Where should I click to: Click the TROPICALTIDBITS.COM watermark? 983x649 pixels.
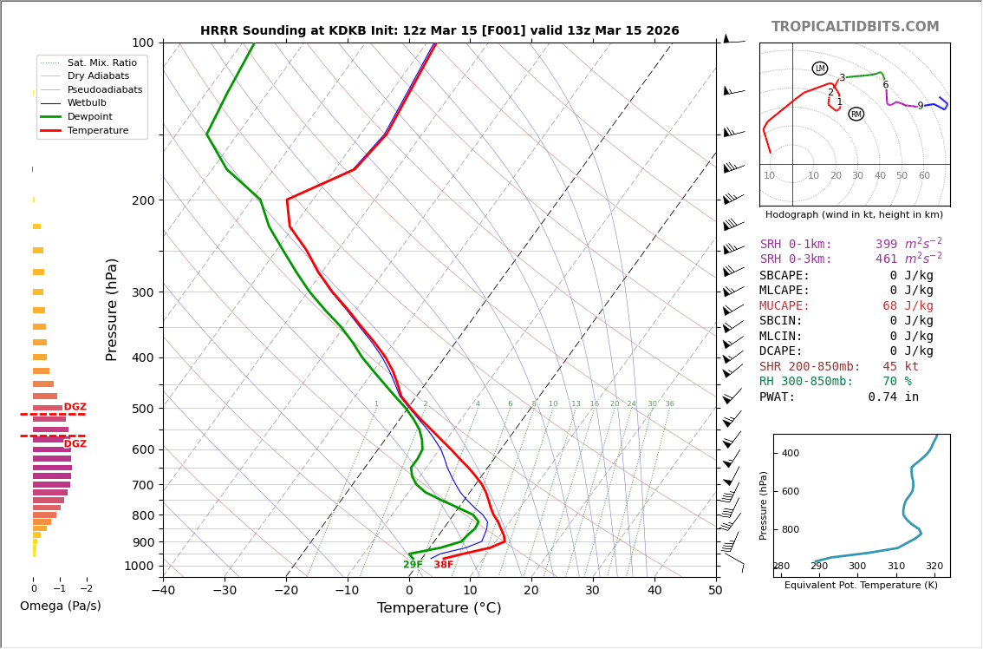tap(855, 27)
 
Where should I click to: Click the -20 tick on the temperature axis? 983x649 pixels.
tap(286, 591)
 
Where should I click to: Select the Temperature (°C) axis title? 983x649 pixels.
tap(439, 608)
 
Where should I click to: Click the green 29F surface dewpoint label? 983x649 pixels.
tap(413, 565)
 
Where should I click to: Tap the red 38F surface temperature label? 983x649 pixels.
tap(443, 565)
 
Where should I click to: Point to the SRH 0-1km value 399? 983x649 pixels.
tap(886, 245)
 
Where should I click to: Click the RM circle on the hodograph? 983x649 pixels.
tap(856, 114)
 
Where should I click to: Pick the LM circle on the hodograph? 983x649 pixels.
tap(820, 69)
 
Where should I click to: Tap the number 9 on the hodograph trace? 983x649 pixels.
tap(920, 106)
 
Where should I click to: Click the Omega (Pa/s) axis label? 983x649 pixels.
tap(60, 606)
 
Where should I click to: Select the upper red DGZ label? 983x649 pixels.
tap(75, 407)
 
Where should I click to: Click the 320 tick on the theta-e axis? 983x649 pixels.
tap(934, 567)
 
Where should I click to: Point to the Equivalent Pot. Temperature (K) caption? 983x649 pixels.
tap(861, 586)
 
